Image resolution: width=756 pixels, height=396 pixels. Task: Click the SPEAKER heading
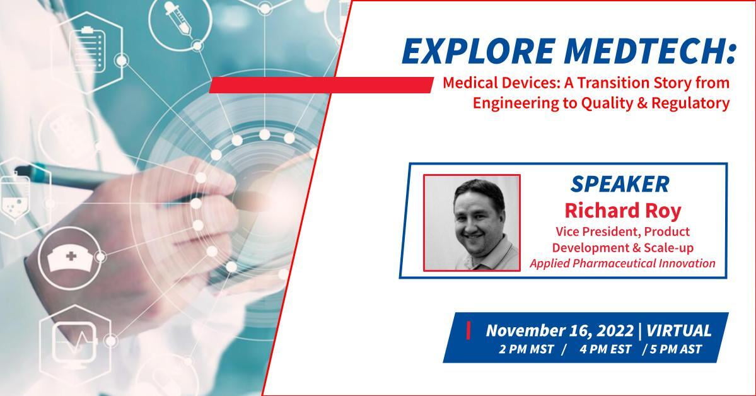click(x=620, y=184)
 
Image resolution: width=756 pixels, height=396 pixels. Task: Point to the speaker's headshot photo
click(x=472, y=223)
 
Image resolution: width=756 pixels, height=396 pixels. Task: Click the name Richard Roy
click(x=622, y=211)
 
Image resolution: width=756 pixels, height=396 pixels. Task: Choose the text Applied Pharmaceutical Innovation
click(x=622, y=264)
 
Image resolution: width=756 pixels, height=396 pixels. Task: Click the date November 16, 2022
click(x=559, y=331)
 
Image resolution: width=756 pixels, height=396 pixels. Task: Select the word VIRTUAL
click(x=678, y=331)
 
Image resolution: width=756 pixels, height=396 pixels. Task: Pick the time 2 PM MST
click(x=526, y=349)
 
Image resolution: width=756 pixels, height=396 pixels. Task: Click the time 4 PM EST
click(x=605, y=349)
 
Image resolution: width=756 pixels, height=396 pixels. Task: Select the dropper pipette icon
click(x=178, y=20)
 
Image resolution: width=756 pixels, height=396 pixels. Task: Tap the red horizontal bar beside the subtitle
click(x=321, y=85)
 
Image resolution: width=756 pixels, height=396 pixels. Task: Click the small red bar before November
click(x=468, y=331)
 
